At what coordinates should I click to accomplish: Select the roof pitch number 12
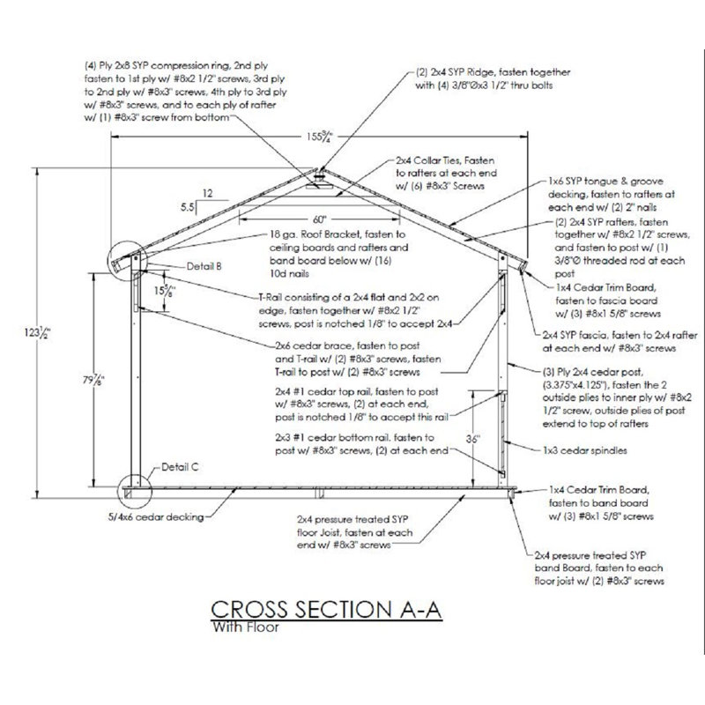[207, 191]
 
